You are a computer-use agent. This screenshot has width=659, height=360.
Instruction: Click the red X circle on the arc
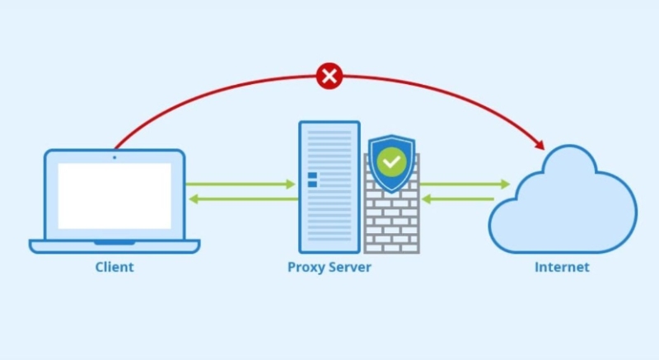pos(329,77)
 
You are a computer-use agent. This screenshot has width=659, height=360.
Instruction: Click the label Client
pos(114,267)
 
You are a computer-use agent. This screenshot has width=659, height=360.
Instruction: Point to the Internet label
pos(562,267)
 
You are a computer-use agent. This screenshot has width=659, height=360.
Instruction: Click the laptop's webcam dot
pos(115,157)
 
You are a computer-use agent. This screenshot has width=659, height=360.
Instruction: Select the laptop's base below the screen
pos(115,245)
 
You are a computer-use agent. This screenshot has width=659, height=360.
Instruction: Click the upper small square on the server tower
pos(312,175)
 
